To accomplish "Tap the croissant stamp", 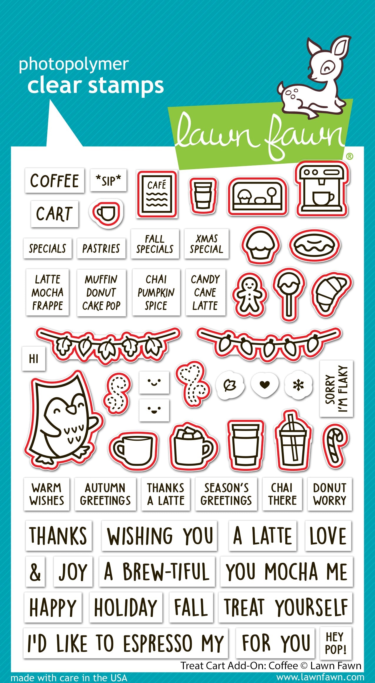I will pyautogui.click(x=331, y=294).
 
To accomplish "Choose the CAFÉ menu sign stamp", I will pyautogui.click(x=157, y=194).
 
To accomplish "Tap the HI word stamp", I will pyautogui.click(x=34, y=359).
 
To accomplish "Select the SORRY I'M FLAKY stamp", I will pyautogui.click(x=336, y=389).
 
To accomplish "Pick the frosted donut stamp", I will pyautogui.click(x=315, y=245).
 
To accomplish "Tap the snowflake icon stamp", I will pyautogui.click(x=298, y=385).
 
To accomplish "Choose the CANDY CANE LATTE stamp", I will pyautogui.click(x=205, y=293).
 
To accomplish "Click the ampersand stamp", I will pyautogui.click(x=35, y=572).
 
